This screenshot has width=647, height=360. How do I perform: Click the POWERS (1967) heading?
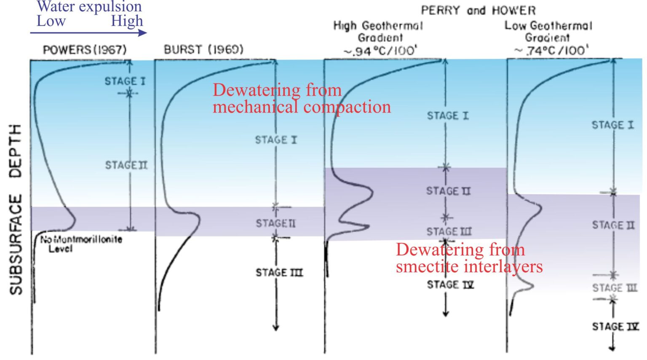click(x=85, y=50)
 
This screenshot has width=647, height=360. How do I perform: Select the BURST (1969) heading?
click(x=203, y=50)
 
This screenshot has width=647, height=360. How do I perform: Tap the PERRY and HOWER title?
click(x=478, y=11)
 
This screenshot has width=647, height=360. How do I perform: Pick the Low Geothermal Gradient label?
click(x=548, y=38)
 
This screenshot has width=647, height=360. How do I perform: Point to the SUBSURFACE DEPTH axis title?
click(x=16, y=210)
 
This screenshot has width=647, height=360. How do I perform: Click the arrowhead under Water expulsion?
click(x=143, y=32)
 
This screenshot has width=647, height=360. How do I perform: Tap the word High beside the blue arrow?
click(x=127, y=21)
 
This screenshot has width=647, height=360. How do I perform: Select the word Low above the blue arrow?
click(x=51, y=21)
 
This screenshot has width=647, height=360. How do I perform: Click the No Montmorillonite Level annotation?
click(x=81, y=244)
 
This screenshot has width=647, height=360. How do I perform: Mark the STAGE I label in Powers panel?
click(x=125, y=81)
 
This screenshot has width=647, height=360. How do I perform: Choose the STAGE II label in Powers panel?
click(x=126, y=165)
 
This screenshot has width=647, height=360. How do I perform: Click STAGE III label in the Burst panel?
click(x=279, y=273)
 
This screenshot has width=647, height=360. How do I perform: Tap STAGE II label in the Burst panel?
click(x=275, y=223)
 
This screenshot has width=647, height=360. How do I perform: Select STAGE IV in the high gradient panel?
click(x=450, y=285)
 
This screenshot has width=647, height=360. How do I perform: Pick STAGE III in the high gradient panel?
click(x=449, y=231)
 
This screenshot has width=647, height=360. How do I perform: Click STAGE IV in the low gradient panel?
click(x=615, y=327)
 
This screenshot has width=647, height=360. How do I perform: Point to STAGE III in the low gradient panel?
click(x=615, y=288)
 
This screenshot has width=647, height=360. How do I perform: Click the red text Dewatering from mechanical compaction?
click(x=302, y=99)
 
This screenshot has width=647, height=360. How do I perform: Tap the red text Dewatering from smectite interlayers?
click(x=469, y=258)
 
